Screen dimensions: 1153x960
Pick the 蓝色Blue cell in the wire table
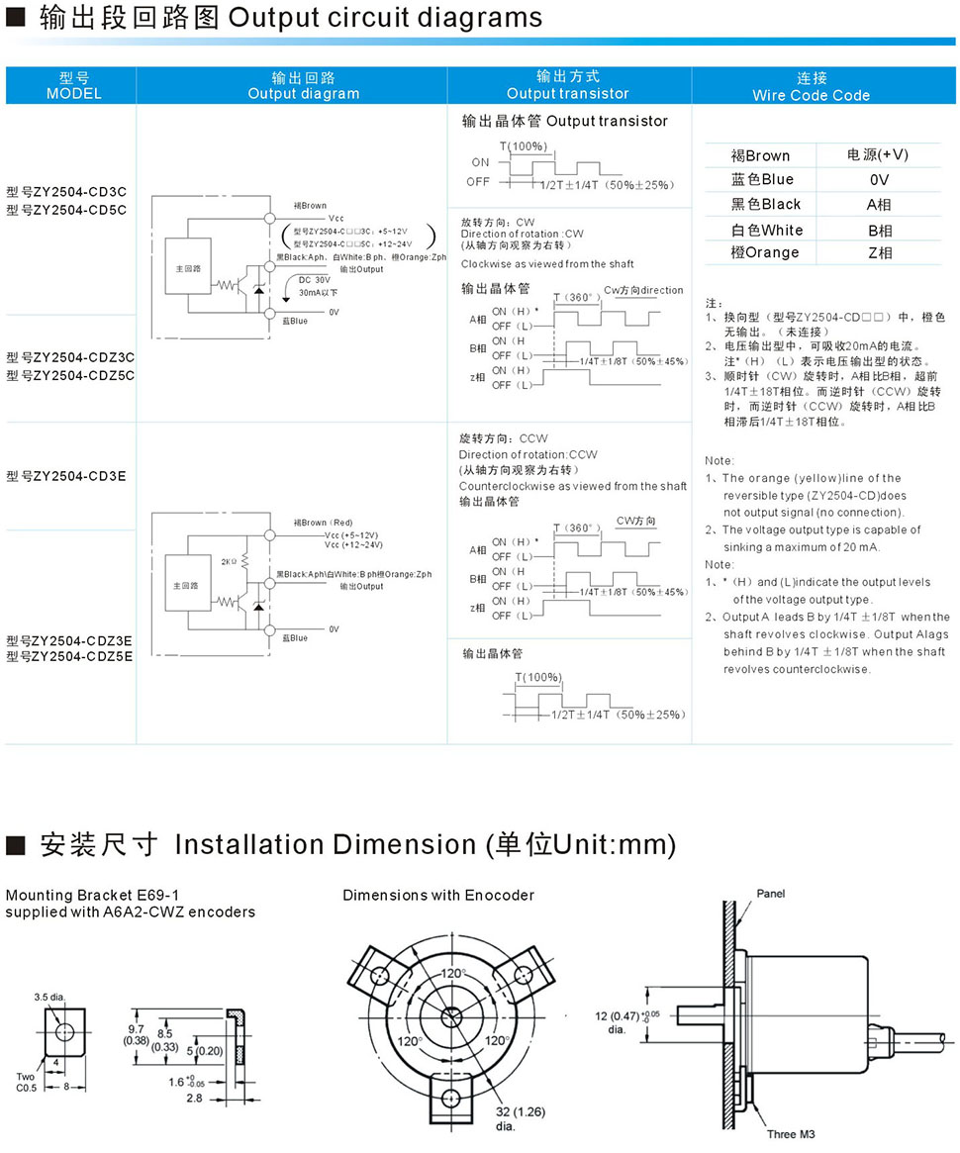coord(762,179)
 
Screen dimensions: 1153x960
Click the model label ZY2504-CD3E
coord(66,476)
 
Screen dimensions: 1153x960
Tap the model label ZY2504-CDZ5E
coord(69,655)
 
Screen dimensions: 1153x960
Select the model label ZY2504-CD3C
coord(66,192)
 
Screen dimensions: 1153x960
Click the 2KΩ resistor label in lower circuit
coord(230,561)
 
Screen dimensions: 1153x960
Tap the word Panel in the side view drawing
coord(771,894)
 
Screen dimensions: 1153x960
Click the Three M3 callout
coord(791,1134)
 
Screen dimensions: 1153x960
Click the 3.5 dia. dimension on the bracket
coord(48,997)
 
